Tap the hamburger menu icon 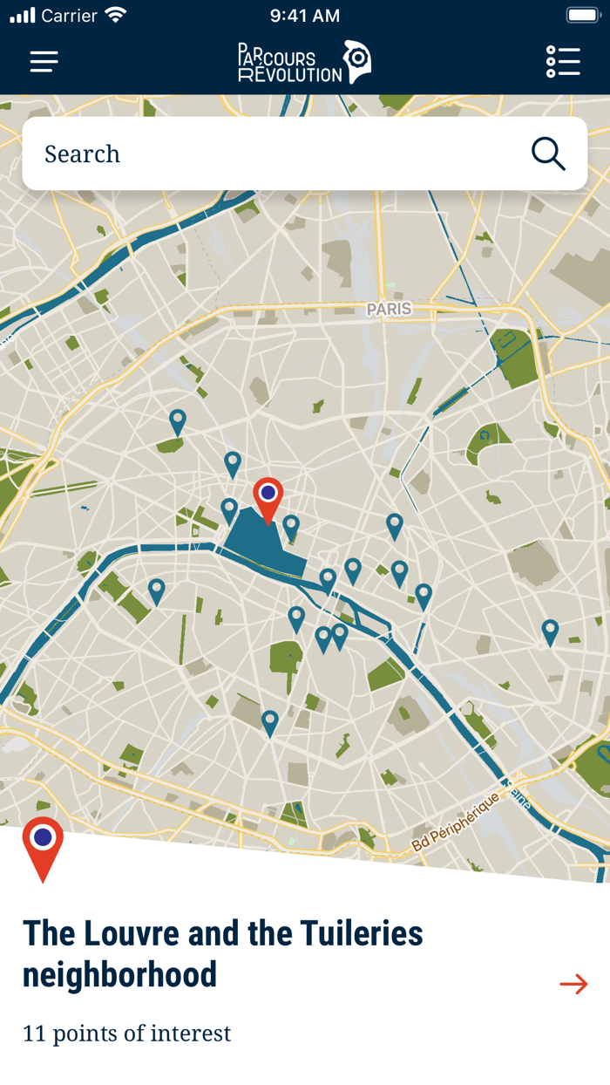coord(44,61)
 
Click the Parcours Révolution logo coord(304,63)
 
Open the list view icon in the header coord(563,61)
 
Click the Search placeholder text coord(82,154)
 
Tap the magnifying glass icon coord(548,154)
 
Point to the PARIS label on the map coord(389,310)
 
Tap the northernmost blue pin coord(178,421)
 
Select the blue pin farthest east coord(550,631)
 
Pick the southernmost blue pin coord(270,721)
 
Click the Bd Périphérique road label coord(455,821)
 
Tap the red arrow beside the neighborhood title coord(573,984)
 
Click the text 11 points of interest coord(126,1034)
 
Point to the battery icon coord(581,16)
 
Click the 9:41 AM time coord(304,16)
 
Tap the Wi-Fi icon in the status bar coord(115,15)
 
